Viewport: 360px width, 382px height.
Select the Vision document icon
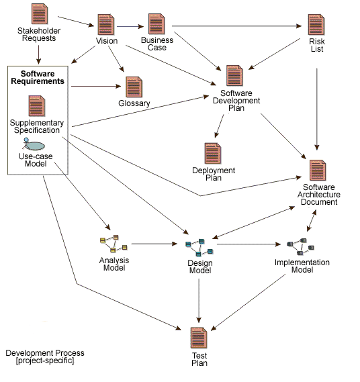[105, 25]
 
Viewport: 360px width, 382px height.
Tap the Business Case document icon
[156, 24]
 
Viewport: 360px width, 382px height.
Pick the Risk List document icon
[316, 25]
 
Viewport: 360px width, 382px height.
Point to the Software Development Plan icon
[234, 76]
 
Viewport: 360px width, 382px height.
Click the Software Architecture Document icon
[317, 171]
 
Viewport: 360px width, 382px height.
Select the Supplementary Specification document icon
[37, 106]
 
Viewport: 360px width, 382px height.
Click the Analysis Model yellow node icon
[114, 242]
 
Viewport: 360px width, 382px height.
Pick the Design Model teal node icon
[199, 247]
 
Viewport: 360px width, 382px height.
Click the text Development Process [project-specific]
[44, 356]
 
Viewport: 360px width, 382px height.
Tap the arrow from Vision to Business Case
[131, 28]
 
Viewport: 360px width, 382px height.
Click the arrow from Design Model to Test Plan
[199, 299]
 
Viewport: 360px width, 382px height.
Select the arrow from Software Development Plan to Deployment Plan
[220, 125]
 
